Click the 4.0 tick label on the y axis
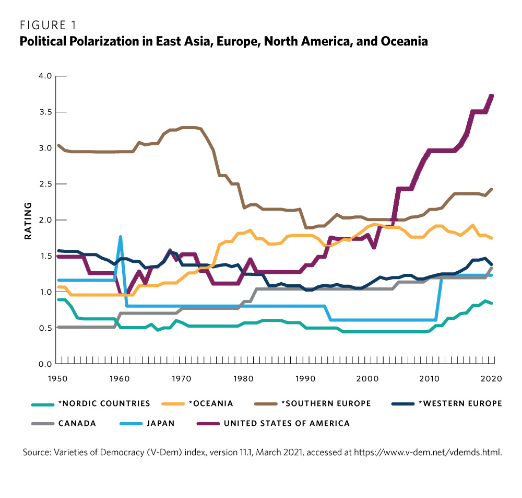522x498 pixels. point(45,76)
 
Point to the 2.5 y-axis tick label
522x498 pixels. point(45,184)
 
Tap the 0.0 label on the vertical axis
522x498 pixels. point(45,364)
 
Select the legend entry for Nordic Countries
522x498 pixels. point(113,403)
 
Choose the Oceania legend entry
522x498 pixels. point(211,403)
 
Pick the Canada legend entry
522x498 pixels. point(79,423)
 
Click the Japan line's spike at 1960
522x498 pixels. point(121,237)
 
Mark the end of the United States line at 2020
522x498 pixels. point(492,96)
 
